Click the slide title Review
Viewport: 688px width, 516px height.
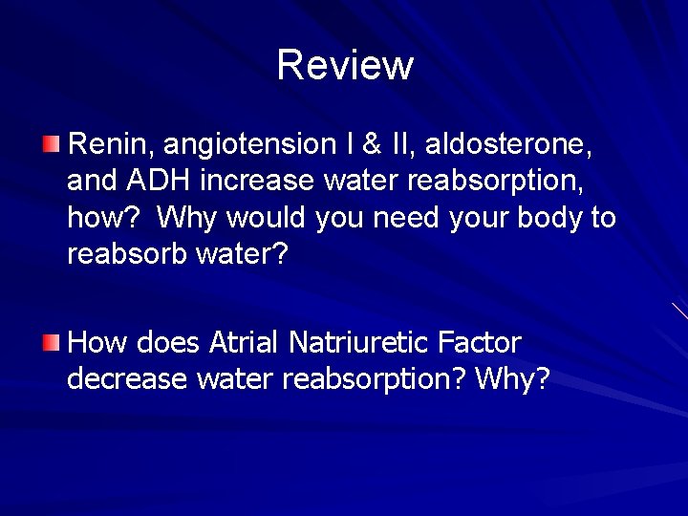coord(344,65)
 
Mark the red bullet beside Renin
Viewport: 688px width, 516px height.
coord(51,144)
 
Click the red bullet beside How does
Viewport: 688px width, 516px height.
coord(51,341)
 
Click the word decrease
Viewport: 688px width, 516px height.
coord(127,379)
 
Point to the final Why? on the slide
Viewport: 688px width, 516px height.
coord(512,379)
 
